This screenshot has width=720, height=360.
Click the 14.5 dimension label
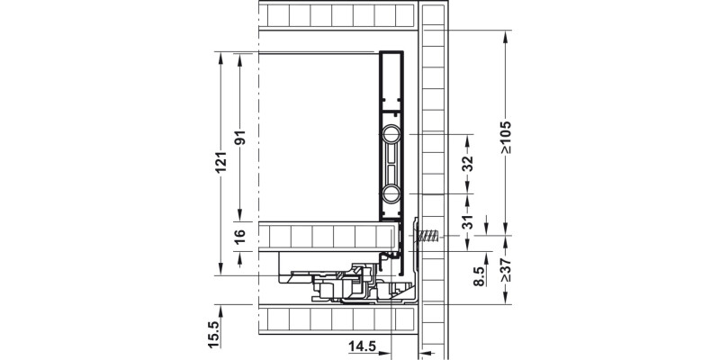pos(364,344)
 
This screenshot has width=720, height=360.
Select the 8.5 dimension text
pos(481,274)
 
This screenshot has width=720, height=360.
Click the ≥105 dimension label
pos(507,136)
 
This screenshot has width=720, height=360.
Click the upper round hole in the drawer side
pos(391,135)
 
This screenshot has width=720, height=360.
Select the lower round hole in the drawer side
pos(391,194)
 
